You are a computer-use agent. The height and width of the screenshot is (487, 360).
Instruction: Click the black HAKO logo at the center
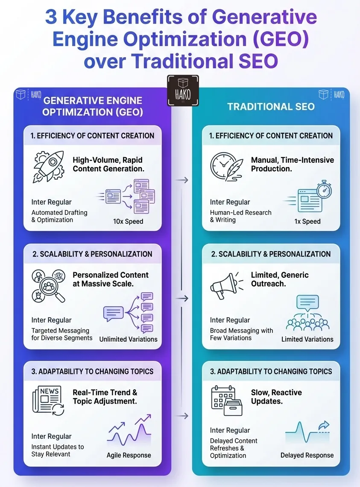(x=183, y=91)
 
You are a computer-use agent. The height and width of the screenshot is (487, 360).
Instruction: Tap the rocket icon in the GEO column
(x=49, y=167)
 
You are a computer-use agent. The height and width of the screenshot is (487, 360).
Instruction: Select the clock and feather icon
(x=226, y=167)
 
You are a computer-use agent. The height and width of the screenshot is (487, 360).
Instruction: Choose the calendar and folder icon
(x=226, y=401)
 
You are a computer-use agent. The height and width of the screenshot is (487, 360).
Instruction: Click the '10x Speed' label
(x=128, y=221)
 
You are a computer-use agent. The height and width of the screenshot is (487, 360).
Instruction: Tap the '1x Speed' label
(x=307, y=221)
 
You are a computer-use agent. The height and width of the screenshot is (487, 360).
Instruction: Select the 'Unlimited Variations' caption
(x=128, y=339)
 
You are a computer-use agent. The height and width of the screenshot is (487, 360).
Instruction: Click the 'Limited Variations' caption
(x=307, y=339)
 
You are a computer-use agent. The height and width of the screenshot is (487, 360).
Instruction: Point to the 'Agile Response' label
(x=129, y=455)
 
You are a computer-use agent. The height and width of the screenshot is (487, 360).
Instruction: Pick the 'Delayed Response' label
(x=307, y=455)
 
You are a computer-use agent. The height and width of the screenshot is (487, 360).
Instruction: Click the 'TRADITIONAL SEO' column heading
(x=271, y=106)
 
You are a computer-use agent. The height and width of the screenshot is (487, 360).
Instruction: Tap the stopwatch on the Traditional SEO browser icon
(x=324, y=190)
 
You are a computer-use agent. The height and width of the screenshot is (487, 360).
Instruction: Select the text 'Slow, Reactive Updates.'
(x=276, y=396)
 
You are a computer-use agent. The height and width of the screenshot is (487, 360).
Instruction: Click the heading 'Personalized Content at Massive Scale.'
(x=110, y=279)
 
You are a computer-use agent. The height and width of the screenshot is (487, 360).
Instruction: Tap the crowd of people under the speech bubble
(x=307, y=324)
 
